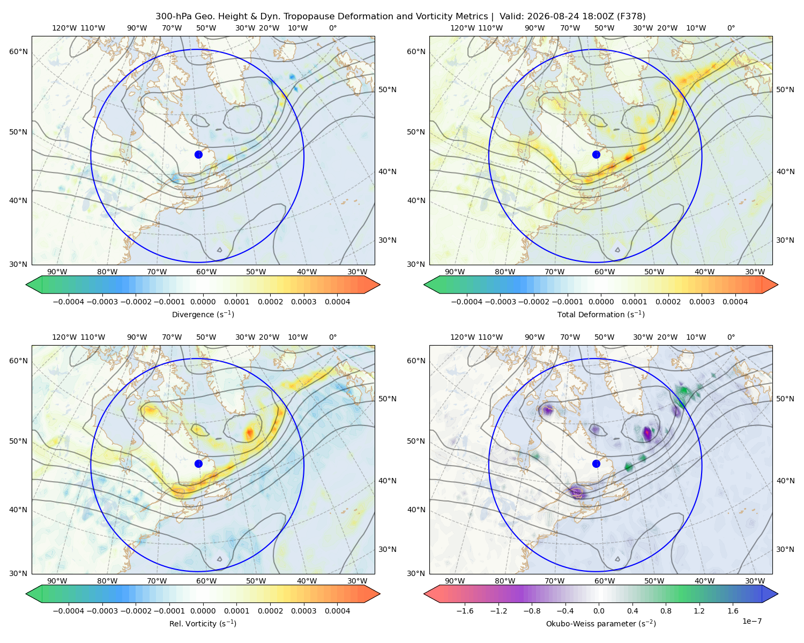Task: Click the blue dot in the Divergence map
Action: coord(198,154)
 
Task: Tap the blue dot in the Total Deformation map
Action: coord(596,154)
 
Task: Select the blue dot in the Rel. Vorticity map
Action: coord(198,463)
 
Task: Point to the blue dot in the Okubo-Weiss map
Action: coord(596,463)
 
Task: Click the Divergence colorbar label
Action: coord(203,314)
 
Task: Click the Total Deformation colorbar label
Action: coord(601,314)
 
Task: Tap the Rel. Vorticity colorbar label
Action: coord(203,623)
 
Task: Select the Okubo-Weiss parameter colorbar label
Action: coord(601,623)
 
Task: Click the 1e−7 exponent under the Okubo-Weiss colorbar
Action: coord(751,621)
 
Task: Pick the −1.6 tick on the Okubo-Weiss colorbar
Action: coord(465,611)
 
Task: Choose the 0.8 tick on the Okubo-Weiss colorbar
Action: coord(666,611)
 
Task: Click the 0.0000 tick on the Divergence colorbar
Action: coord(203,302)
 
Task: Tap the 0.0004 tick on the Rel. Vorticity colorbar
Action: coord(337,611)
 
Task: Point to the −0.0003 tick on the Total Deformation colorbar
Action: coord(500,302)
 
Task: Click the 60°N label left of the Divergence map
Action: coord(18,51)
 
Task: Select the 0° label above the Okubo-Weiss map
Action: coord(731,337)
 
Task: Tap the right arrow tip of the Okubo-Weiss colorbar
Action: coord(778,594)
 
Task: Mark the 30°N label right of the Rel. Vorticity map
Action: coord(388,549)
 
